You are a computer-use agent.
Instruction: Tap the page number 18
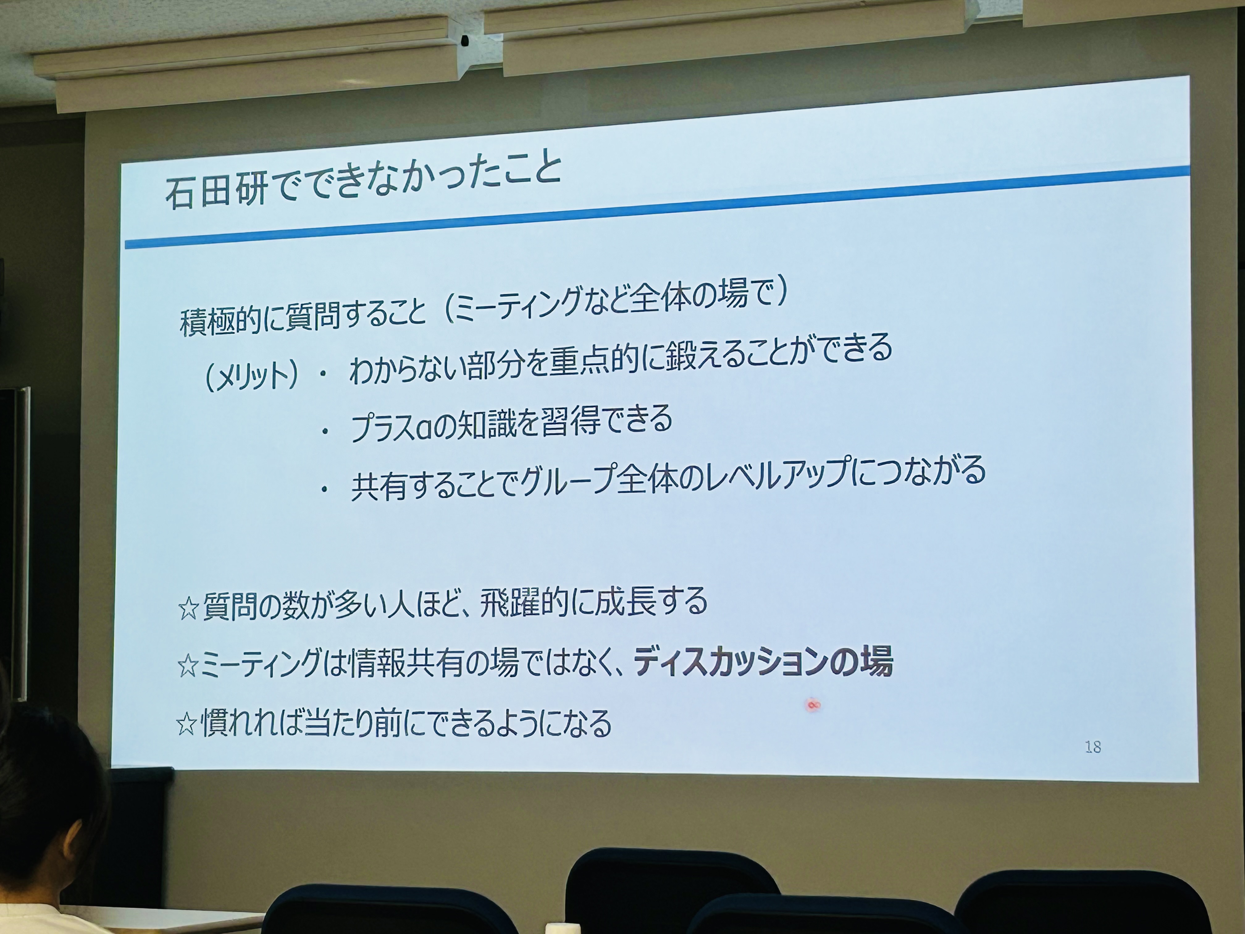1092,747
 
